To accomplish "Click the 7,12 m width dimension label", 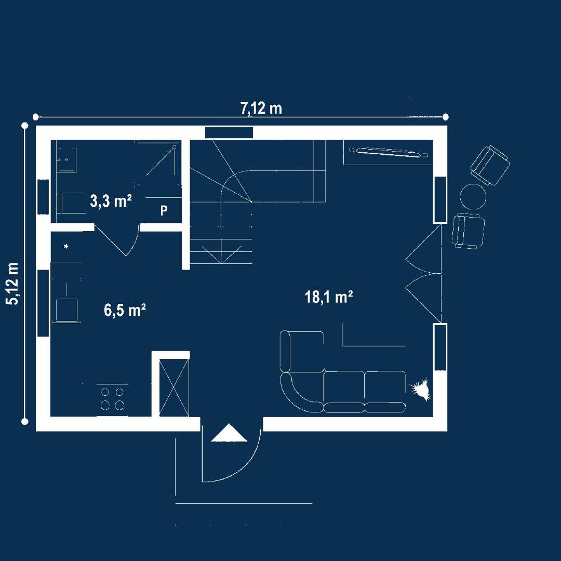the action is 261,108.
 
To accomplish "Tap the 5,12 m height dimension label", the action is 14,284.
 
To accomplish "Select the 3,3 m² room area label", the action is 111,201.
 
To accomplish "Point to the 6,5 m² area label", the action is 125,310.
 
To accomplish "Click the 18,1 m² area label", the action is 329,297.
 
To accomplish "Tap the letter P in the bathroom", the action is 164,210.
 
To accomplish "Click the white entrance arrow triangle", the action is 229,433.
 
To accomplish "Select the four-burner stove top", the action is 112,398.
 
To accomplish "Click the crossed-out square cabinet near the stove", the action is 174,388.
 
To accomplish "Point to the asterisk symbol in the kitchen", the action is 66,246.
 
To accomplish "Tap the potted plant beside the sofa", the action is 421,389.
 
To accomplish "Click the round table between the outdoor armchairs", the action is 473,196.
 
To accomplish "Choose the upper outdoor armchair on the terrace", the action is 490,165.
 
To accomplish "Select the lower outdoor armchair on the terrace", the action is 469,231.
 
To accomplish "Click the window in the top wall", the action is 229,132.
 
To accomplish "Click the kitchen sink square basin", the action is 66,310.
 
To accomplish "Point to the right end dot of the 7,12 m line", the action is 446,117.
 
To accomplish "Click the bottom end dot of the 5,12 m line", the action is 25,421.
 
